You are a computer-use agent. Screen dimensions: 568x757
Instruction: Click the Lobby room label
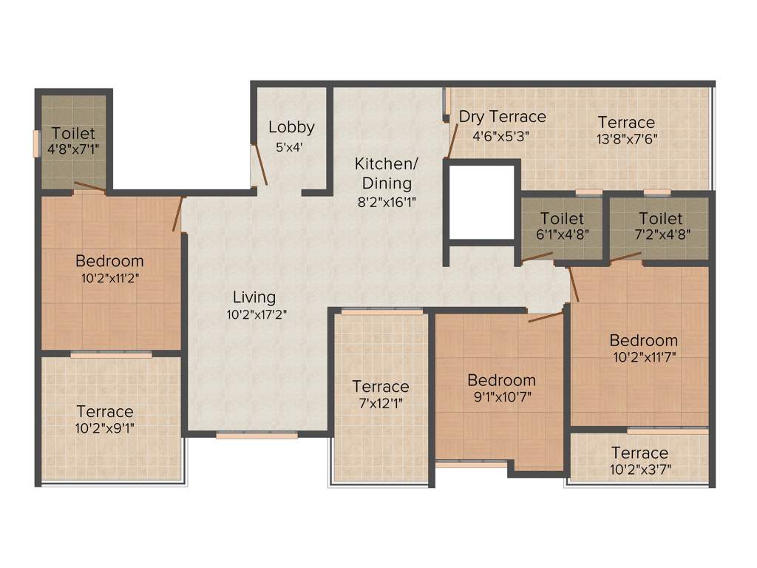291,126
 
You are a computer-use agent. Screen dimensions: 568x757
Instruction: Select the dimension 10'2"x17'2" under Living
256,314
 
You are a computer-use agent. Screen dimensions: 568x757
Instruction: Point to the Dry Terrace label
502,117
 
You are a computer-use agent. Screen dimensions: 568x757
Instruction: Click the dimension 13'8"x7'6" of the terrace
627,138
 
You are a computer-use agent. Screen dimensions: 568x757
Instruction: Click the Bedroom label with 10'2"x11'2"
109,261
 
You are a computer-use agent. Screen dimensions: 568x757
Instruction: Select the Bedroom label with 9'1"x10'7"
501,380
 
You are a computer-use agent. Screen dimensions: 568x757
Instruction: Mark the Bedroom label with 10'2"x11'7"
643,340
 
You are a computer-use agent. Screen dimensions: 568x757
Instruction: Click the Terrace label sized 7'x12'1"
381,386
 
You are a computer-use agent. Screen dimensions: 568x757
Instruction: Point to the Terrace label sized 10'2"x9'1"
105,411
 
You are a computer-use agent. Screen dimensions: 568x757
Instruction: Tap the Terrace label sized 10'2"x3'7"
639,453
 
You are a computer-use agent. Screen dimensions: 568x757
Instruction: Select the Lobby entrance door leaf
259,164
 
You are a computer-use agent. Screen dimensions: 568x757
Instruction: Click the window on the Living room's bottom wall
257,436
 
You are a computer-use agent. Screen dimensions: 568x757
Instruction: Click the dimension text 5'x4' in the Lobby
291,146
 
